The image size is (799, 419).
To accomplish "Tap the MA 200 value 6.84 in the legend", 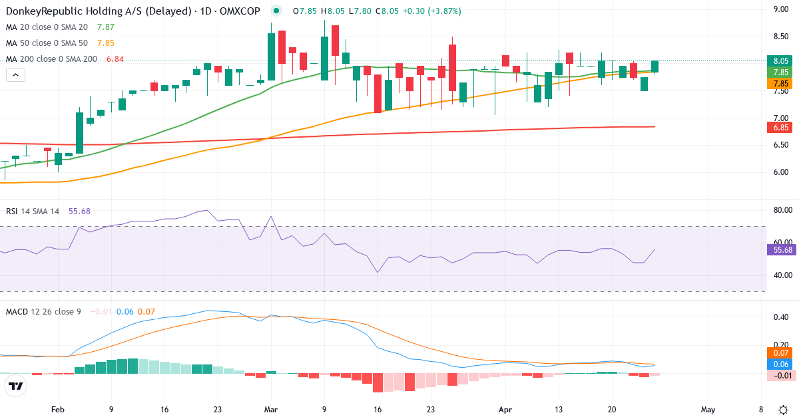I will [x=115, y=59].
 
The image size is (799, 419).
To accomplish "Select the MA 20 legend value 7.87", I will [x=106, y=27].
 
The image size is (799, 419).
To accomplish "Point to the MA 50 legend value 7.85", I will [x=106, y=43].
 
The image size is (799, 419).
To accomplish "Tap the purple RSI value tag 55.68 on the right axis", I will [x=781, y=250].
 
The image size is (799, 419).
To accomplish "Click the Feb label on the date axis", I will [x=58, y=410].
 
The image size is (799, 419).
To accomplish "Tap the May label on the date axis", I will [x=707, y=410].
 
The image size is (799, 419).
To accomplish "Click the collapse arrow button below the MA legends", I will [x=15, y=75].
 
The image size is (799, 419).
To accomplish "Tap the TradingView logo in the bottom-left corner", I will [x=16, y=386].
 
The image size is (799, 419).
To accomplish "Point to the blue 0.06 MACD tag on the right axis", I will [x=781, y=364].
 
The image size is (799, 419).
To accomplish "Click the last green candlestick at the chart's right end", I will [x=655, y=66].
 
